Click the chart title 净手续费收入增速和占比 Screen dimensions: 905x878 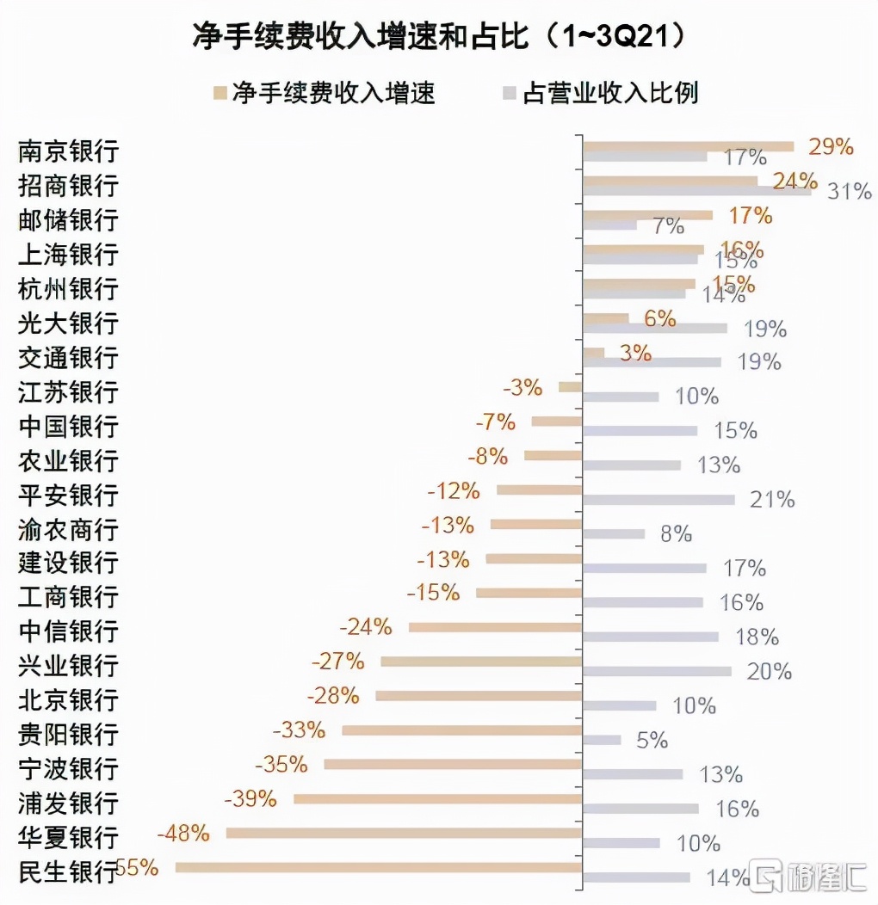[x=439, y=37]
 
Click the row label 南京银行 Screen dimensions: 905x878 [x=68, y=152]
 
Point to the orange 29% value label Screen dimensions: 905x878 [x=831, y=146]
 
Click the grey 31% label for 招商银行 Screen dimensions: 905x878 [x=849, y=191]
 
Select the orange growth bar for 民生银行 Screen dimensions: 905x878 [x=379, y=868]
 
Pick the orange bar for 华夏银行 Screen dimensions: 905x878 [x=404, y=833]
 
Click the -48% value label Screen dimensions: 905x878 [x=183, y=833]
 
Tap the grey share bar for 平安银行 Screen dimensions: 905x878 [x=658, y=500]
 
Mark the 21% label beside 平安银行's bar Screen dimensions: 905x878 [x=771, y=499]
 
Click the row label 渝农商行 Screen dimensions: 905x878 [x=68, y=529]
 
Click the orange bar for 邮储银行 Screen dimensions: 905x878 [x=647, y=215]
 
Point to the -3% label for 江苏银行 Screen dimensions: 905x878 [x=522, y=387]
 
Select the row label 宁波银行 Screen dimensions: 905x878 [x=68, y=768]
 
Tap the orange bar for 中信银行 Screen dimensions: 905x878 [x=495, y=627]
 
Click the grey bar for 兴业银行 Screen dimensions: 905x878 [x=657, y=671]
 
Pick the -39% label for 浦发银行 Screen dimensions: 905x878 [x=250, y=798]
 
